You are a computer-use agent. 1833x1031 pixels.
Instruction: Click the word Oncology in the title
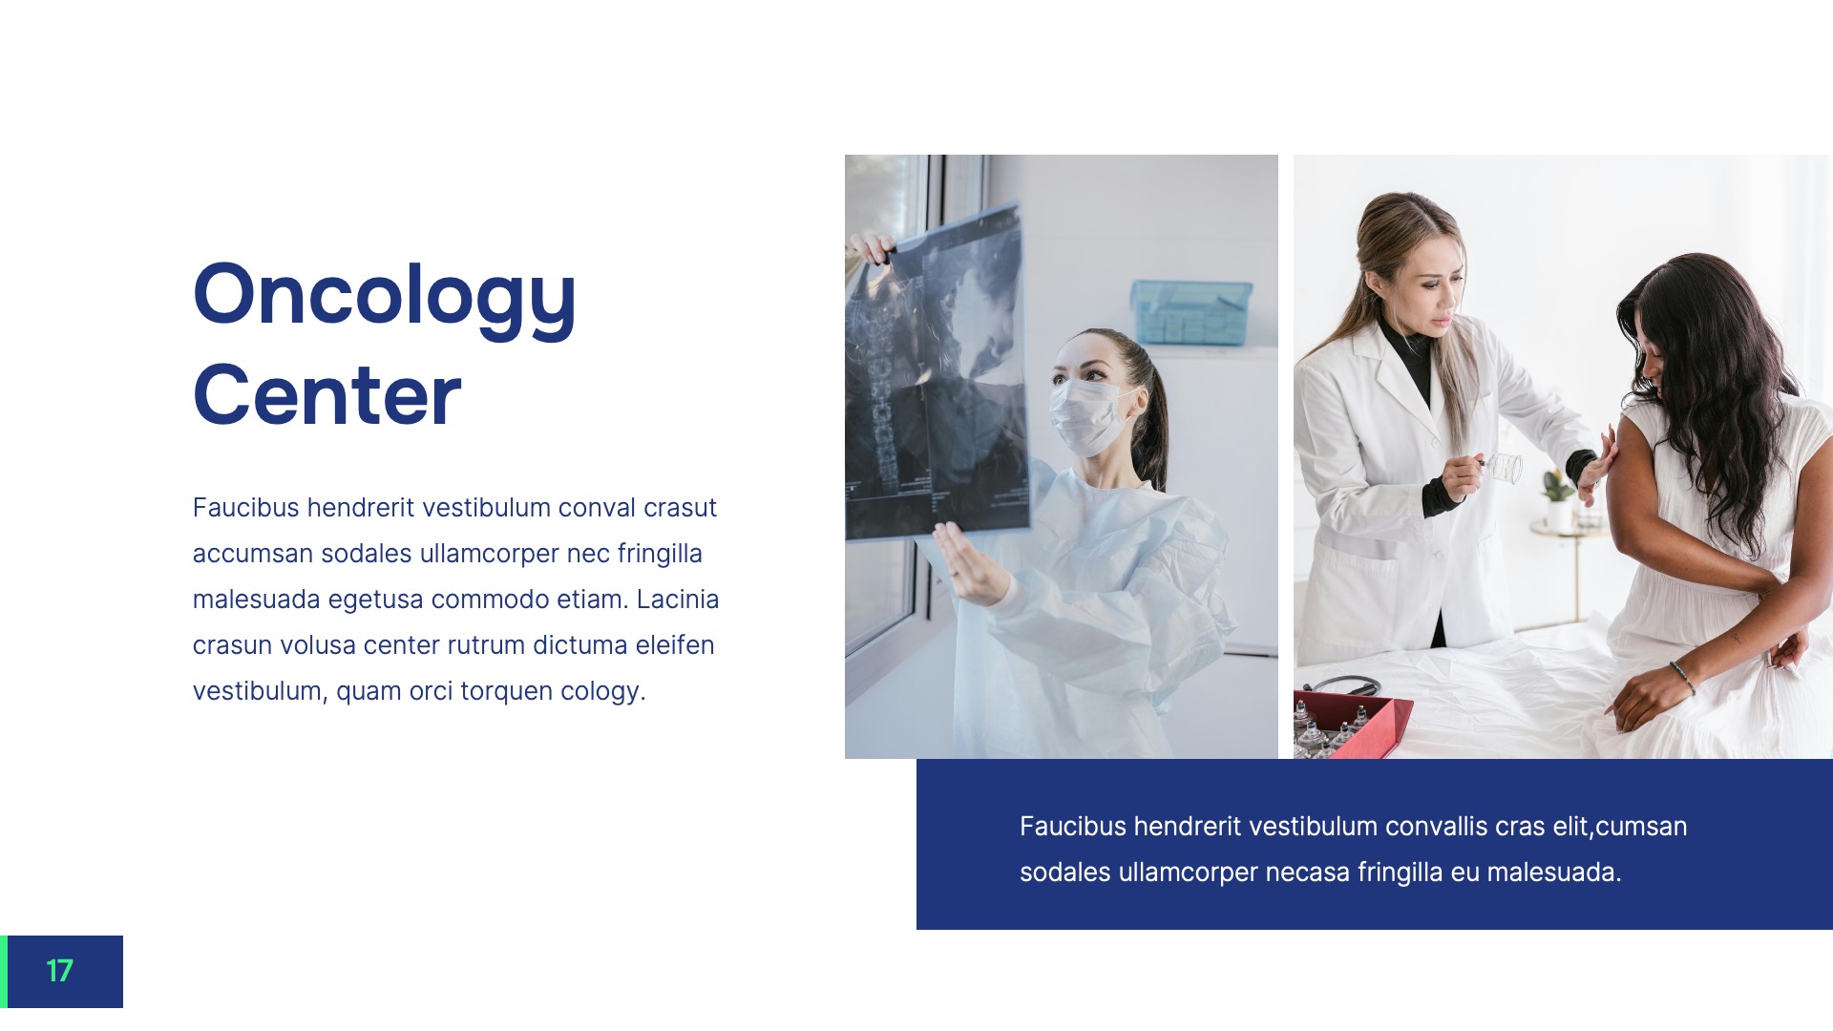pos(384,296)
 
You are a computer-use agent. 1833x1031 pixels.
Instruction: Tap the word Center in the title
pos(327,395)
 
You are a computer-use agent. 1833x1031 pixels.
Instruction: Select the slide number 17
pos(59,971)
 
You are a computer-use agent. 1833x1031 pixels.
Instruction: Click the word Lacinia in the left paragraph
pos(677,600)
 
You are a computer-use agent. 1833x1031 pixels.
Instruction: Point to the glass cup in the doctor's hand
pos(1505,468)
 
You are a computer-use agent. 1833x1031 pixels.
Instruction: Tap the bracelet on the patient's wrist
pos(1682,676)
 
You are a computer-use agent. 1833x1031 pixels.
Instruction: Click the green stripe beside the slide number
pos(4,971)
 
